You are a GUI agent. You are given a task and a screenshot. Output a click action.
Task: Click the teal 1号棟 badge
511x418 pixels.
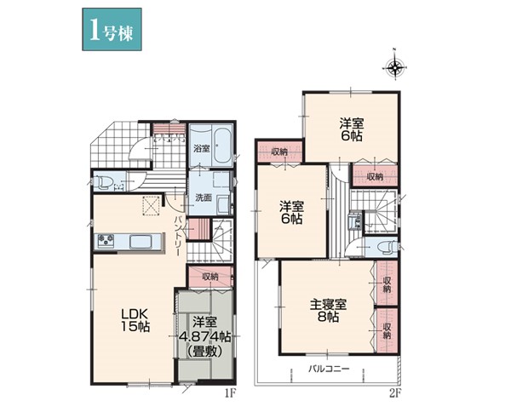tap(112, 29)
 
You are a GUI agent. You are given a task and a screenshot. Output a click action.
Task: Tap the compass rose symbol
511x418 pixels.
tap(395, 67)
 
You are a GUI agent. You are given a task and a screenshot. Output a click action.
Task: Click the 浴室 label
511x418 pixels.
tap(202, 149)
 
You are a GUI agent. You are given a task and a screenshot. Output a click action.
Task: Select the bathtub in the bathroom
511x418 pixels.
tap(223, 146)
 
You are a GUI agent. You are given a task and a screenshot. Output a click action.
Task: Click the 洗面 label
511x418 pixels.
tap(204, 198)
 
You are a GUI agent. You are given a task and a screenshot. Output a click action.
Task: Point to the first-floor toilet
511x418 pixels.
tap(103, 182)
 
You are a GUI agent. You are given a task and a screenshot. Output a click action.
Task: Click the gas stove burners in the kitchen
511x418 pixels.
tap(106, 241)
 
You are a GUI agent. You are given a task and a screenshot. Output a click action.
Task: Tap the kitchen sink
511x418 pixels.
tap(141, 242)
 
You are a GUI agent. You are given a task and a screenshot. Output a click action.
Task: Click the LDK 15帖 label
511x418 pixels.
tap(135, 319)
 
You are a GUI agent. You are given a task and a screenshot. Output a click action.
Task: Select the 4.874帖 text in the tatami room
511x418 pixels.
tap(205, 336)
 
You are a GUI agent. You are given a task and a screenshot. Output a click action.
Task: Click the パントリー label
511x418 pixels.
tap(179, 235)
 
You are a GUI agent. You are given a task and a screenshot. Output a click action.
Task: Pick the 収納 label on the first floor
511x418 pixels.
tap(210, 277)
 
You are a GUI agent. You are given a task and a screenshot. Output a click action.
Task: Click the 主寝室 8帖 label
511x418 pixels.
tap(328, 311)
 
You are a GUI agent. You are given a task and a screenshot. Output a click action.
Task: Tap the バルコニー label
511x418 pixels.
tap(329, 369)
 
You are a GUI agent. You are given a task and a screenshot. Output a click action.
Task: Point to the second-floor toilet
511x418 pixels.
tap(387, 247)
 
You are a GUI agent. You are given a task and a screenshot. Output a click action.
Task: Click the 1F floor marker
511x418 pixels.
tap(229, 393)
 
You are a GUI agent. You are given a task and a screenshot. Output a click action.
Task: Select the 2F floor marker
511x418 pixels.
tap(394, 393)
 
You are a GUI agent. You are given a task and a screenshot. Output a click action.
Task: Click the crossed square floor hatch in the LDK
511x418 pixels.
tap(151, 206)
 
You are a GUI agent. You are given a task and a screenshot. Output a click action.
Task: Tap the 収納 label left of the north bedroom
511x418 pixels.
tap(279, 152)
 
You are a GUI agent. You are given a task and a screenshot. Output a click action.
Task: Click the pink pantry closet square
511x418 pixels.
tap(198, 229)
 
